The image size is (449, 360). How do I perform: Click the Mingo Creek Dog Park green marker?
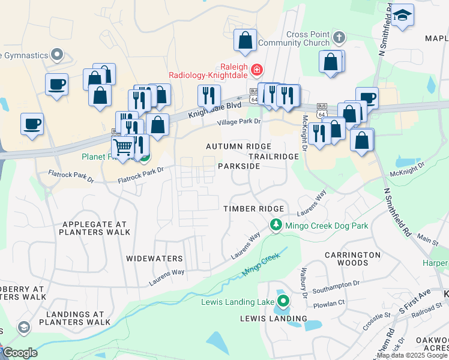pyautogui.click(x=276, y=226)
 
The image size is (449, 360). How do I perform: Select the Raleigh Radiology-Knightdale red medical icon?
pyautogui.click(x=257, y=70)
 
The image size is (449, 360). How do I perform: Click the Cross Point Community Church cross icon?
pyautogui.click(x=339, y=38)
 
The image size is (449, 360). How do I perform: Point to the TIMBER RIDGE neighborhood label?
pyautogui.click(x=253, y=208)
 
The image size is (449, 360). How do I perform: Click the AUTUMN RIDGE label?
pyautogui.click(x=238, y=146)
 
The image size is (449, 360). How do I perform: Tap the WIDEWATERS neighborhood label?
pyautogui.click(x=154, y=259)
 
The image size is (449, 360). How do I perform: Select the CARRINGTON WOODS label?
pyautogui.click(x=352, y=259)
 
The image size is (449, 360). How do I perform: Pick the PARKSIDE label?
pyautogui.click(x=239, y=166)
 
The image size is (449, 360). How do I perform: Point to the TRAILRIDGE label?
pyautogui.click(x=274, y=156)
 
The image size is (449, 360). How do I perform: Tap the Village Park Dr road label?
pyautogui.click(x=240, y=122)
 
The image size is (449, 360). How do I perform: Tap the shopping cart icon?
pyautogui.click(x=122, y=146)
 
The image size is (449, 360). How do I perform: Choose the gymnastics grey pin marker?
pyautogui.click(x=58, y=55)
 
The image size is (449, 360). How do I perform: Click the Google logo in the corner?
pyautogui.click(x=20, y=353)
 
